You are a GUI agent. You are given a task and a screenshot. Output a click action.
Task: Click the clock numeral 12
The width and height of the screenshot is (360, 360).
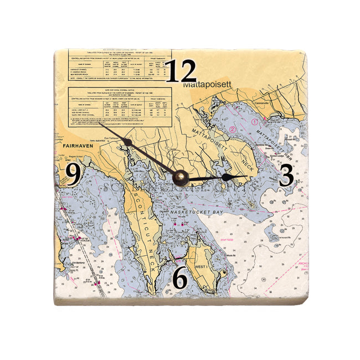(x=181, y=71)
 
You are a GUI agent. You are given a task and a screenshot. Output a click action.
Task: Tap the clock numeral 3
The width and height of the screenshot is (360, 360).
(x=286, y=176)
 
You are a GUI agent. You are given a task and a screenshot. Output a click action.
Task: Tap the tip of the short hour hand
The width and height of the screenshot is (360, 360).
(x=247, y=176)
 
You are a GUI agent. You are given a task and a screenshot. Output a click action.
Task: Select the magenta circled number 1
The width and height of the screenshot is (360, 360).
(x=255, y=120)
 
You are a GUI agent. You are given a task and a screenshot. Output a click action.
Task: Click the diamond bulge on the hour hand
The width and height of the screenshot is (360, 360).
(x=226, y=177)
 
